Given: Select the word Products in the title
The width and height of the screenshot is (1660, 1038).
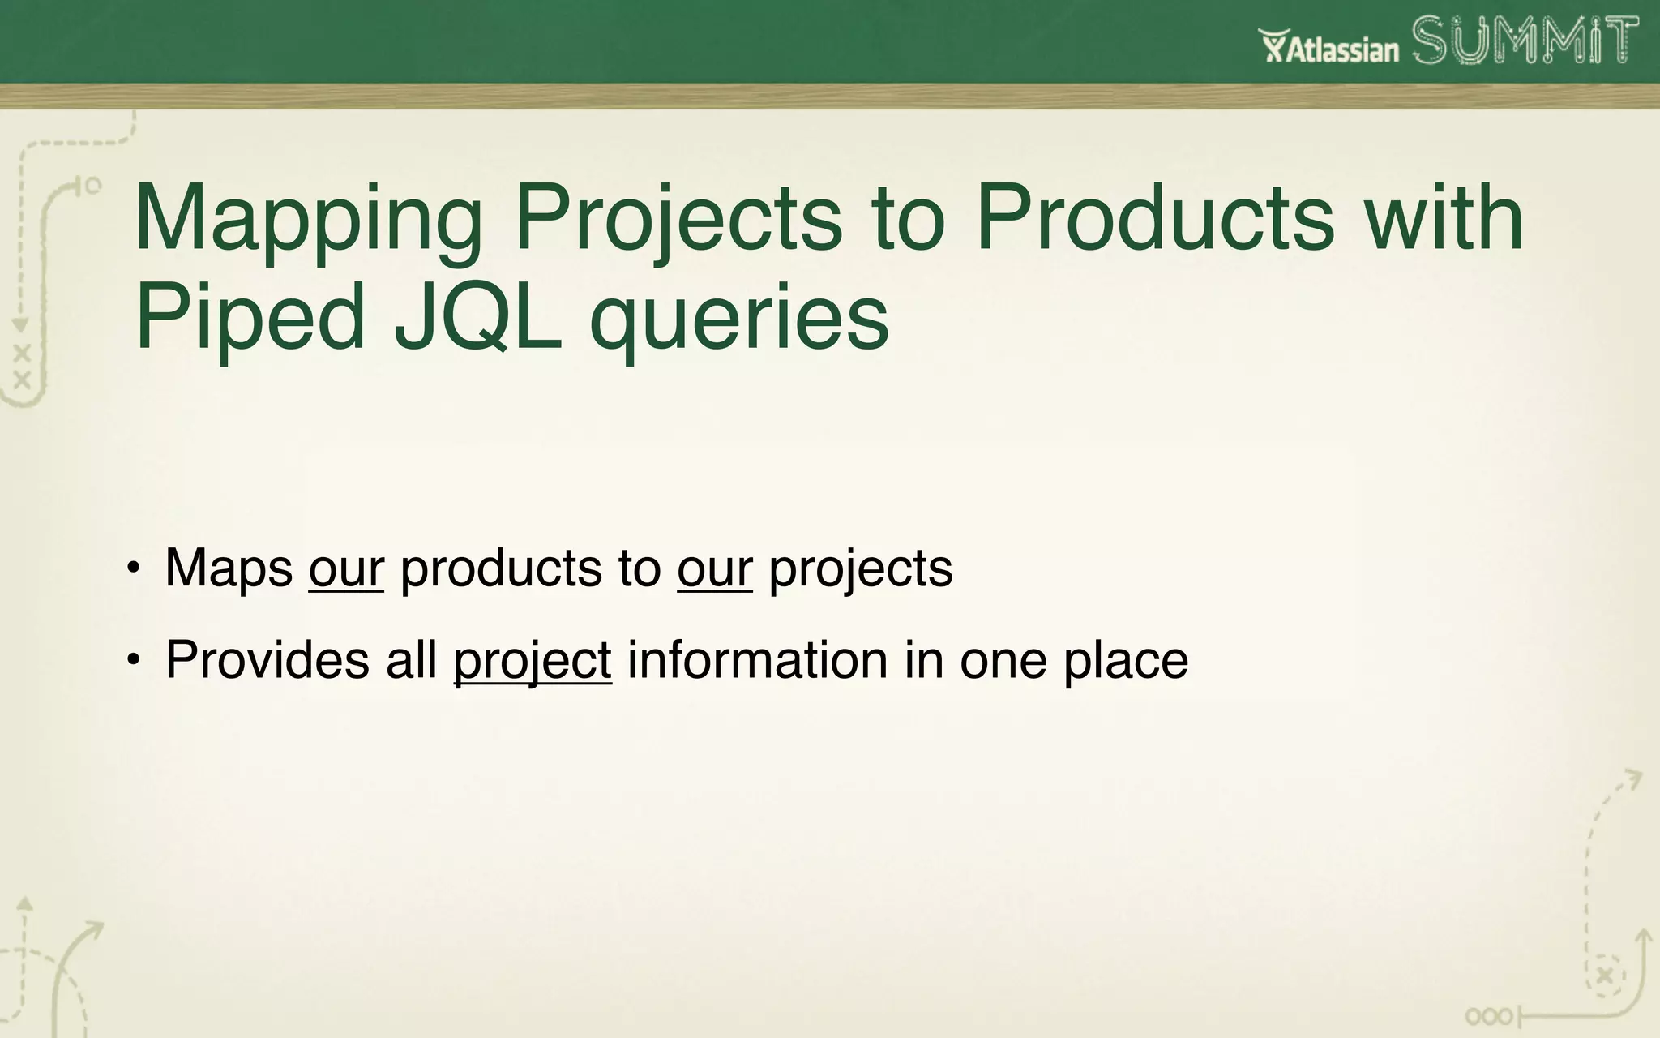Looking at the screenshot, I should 1154,219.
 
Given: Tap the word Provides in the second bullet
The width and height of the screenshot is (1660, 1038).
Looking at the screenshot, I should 267,659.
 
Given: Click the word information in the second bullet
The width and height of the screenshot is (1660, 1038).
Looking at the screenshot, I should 757,659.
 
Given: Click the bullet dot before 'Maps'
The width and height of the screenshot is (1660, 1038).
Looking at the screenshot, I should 134,568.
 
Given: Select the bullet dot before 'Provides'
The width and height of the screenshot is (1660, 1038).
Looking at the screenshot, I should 134,660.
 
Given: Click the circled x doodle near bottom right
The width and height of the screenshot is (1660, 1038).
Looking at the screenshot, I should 1605,976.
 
